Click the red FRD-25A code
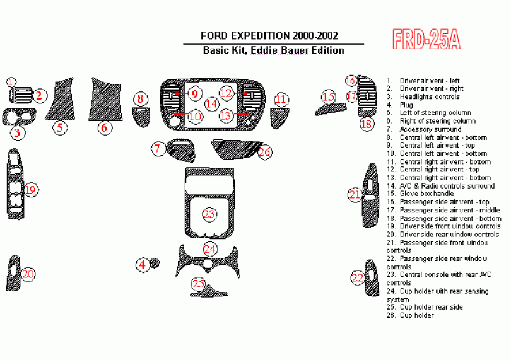coord(426,40)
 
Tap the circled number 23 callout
coord(209,214)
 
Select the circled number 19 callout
coord(30,189)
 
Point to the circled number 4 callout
coord(142,265)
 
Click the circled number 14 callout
coord(211,103)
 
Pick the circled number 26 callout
coord(264,152)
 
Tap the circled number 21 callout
coord(355,195)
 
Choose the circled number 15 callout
coord(327,96)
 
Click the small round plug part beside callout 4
coord(155,264)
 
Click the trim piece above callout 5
coord(62,99)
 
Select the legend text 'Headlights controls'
coord(429,96)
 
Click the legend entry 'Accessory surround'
coord(430,129)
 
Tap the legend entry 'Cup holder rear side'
coord(431,307)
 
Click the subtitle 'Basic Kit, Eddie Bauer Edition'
coord(273,50)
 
